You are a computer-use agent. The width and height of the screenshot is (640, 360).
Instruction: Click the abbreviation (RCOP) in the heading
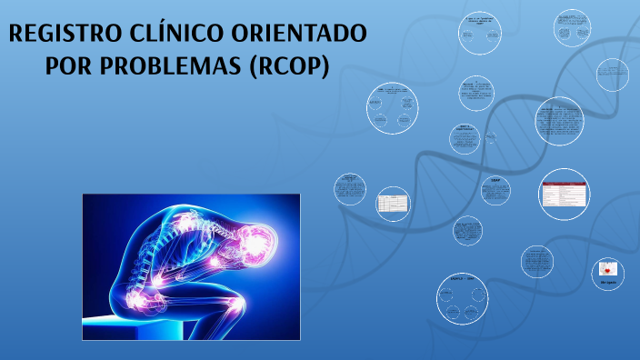289,68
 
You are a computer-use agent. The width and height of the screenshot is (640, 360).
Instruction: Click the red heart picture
608,269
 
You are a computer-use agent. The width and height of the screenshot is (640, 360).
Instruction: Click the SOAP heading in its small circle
496,181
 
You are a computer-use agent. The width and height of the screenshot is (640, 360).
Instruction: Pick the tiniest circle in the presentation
491,137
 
